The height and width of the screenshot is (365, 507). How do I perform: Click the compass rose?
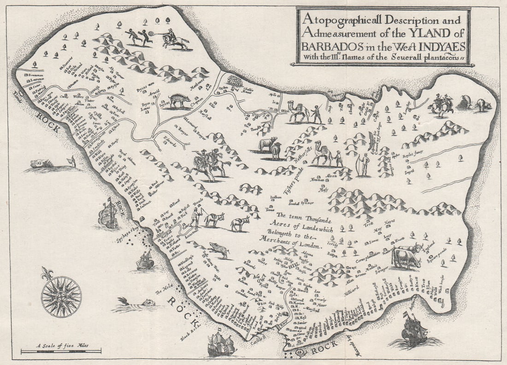tap(61, 296)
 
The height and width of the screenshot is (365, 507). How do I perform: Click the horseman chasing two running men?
tap(174, 39)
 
